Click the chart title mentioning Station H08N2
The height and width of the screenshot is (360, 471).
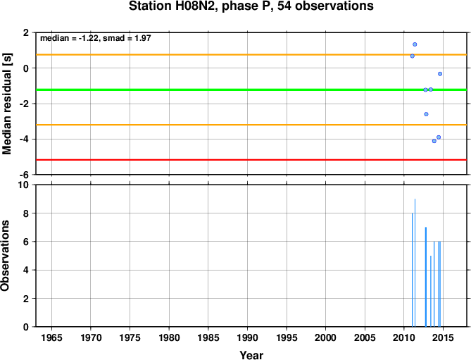pos(251,6)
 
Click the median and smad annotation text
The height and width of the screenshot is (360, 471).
pos(96,38)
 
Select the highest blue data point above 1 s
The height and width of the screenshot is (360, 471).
pos(415,44)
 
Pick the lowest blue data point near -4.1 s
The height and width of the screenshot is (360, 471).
pos(434,141)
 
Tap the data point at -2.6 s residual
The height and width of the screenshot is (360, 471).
pos(426,114)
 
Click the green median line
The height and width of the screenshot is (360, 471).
pos(251,89)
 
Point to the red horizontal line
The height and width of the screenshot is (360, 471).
pos(251,159)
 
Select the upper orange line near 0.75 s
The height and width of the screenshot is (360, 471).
pos(251,55)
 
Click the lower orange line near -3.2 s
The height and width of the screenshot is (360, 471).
pos(251,125)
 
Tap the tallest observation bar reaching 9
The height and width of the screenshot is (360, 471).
pos(415,263)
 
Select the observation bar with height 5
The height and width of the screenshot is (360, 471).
pos(431,291)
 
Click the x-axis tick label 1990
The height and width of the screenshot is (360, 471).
pos(247,337)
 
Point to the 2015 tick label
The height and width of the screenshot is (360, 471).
pos(443,337)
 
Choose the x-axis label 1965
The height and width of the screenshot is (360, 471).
pos(51,337)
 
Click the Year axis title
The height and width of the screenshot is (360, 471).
pos(251,355)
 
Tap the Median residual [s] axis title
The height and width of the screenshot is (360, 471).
pos(6,104)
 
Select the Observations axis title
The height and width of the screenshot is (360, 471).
pos(5,256)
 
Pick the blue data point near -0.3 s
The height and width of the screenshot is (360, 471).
pos(440,74)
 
